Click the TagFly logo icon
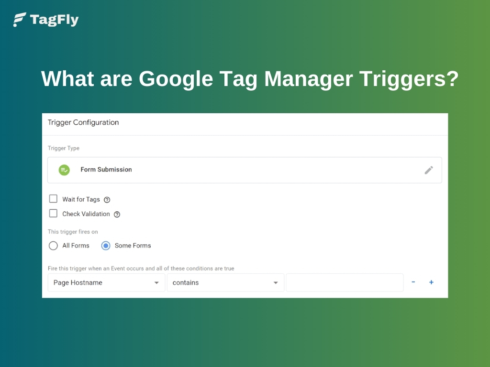click(20, 20)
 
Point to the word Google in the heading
click(176, 79)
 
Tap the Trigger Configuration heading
click(83, 122)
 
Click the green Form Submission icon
click(64, 170)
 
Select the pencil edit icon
click(429, 170)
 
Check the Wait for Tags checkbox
click(53, 199)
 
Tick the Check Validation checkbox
click(53, 214)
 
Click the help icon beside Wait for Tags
click(107, 200)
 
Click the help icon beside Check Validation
click(117, 215)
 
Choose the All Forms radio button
click(53, 246)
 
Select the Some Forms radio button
click(106, 246)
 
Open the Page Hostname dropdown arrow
click(156, 283)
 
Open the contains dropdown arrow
click(276, 283)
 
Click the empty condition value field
click(345, 282)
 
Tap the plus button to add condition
click(431, 282)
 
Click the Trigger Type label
click(64, 148)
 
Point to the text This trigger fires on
click(73, 232)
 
